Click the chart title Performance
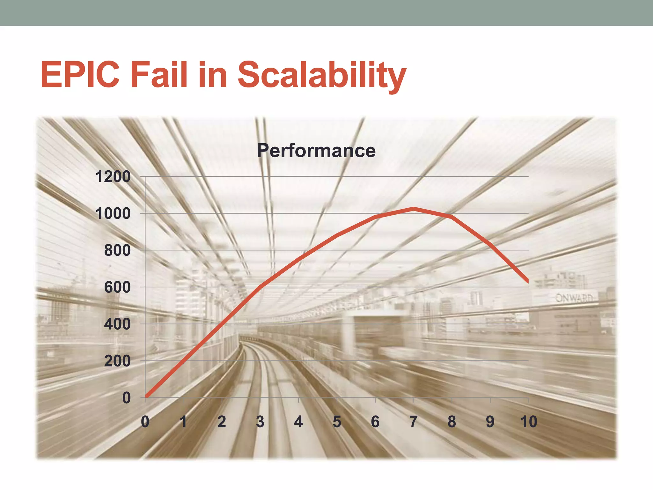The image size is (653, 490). coord(316,151)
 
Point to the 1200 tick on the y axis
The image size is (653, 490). coord(113,177)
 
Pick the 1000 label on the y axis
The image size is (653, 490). coord(113,214)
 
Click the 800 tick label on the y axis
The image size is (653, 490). coord(117,250)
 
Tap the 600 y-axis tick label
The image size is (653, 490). coord(117,287)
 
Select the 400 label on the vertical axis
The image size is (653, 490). coord(117,324)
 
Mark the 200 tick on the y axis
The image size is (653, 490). coord(117,361)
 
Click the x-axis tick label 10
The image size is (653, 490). coord(528,422)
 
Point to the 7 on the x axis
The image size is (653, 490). coord(413,422)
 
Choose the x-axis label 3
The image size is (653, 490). coord(260,422)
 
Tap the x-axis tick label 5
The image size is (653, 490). coord(337,422)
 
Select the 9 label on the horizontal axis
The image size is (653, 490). coord(490,422)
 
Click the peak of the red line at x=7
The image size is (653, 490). coord(414,209)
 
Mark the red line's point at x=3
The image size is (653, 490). coord(260,287)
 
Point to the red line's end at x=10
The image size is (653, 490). coord(528,281)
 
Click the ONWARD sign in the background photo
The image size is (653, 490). coord(574,298)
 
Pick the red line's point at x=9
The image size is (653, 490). coord(490,244)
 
